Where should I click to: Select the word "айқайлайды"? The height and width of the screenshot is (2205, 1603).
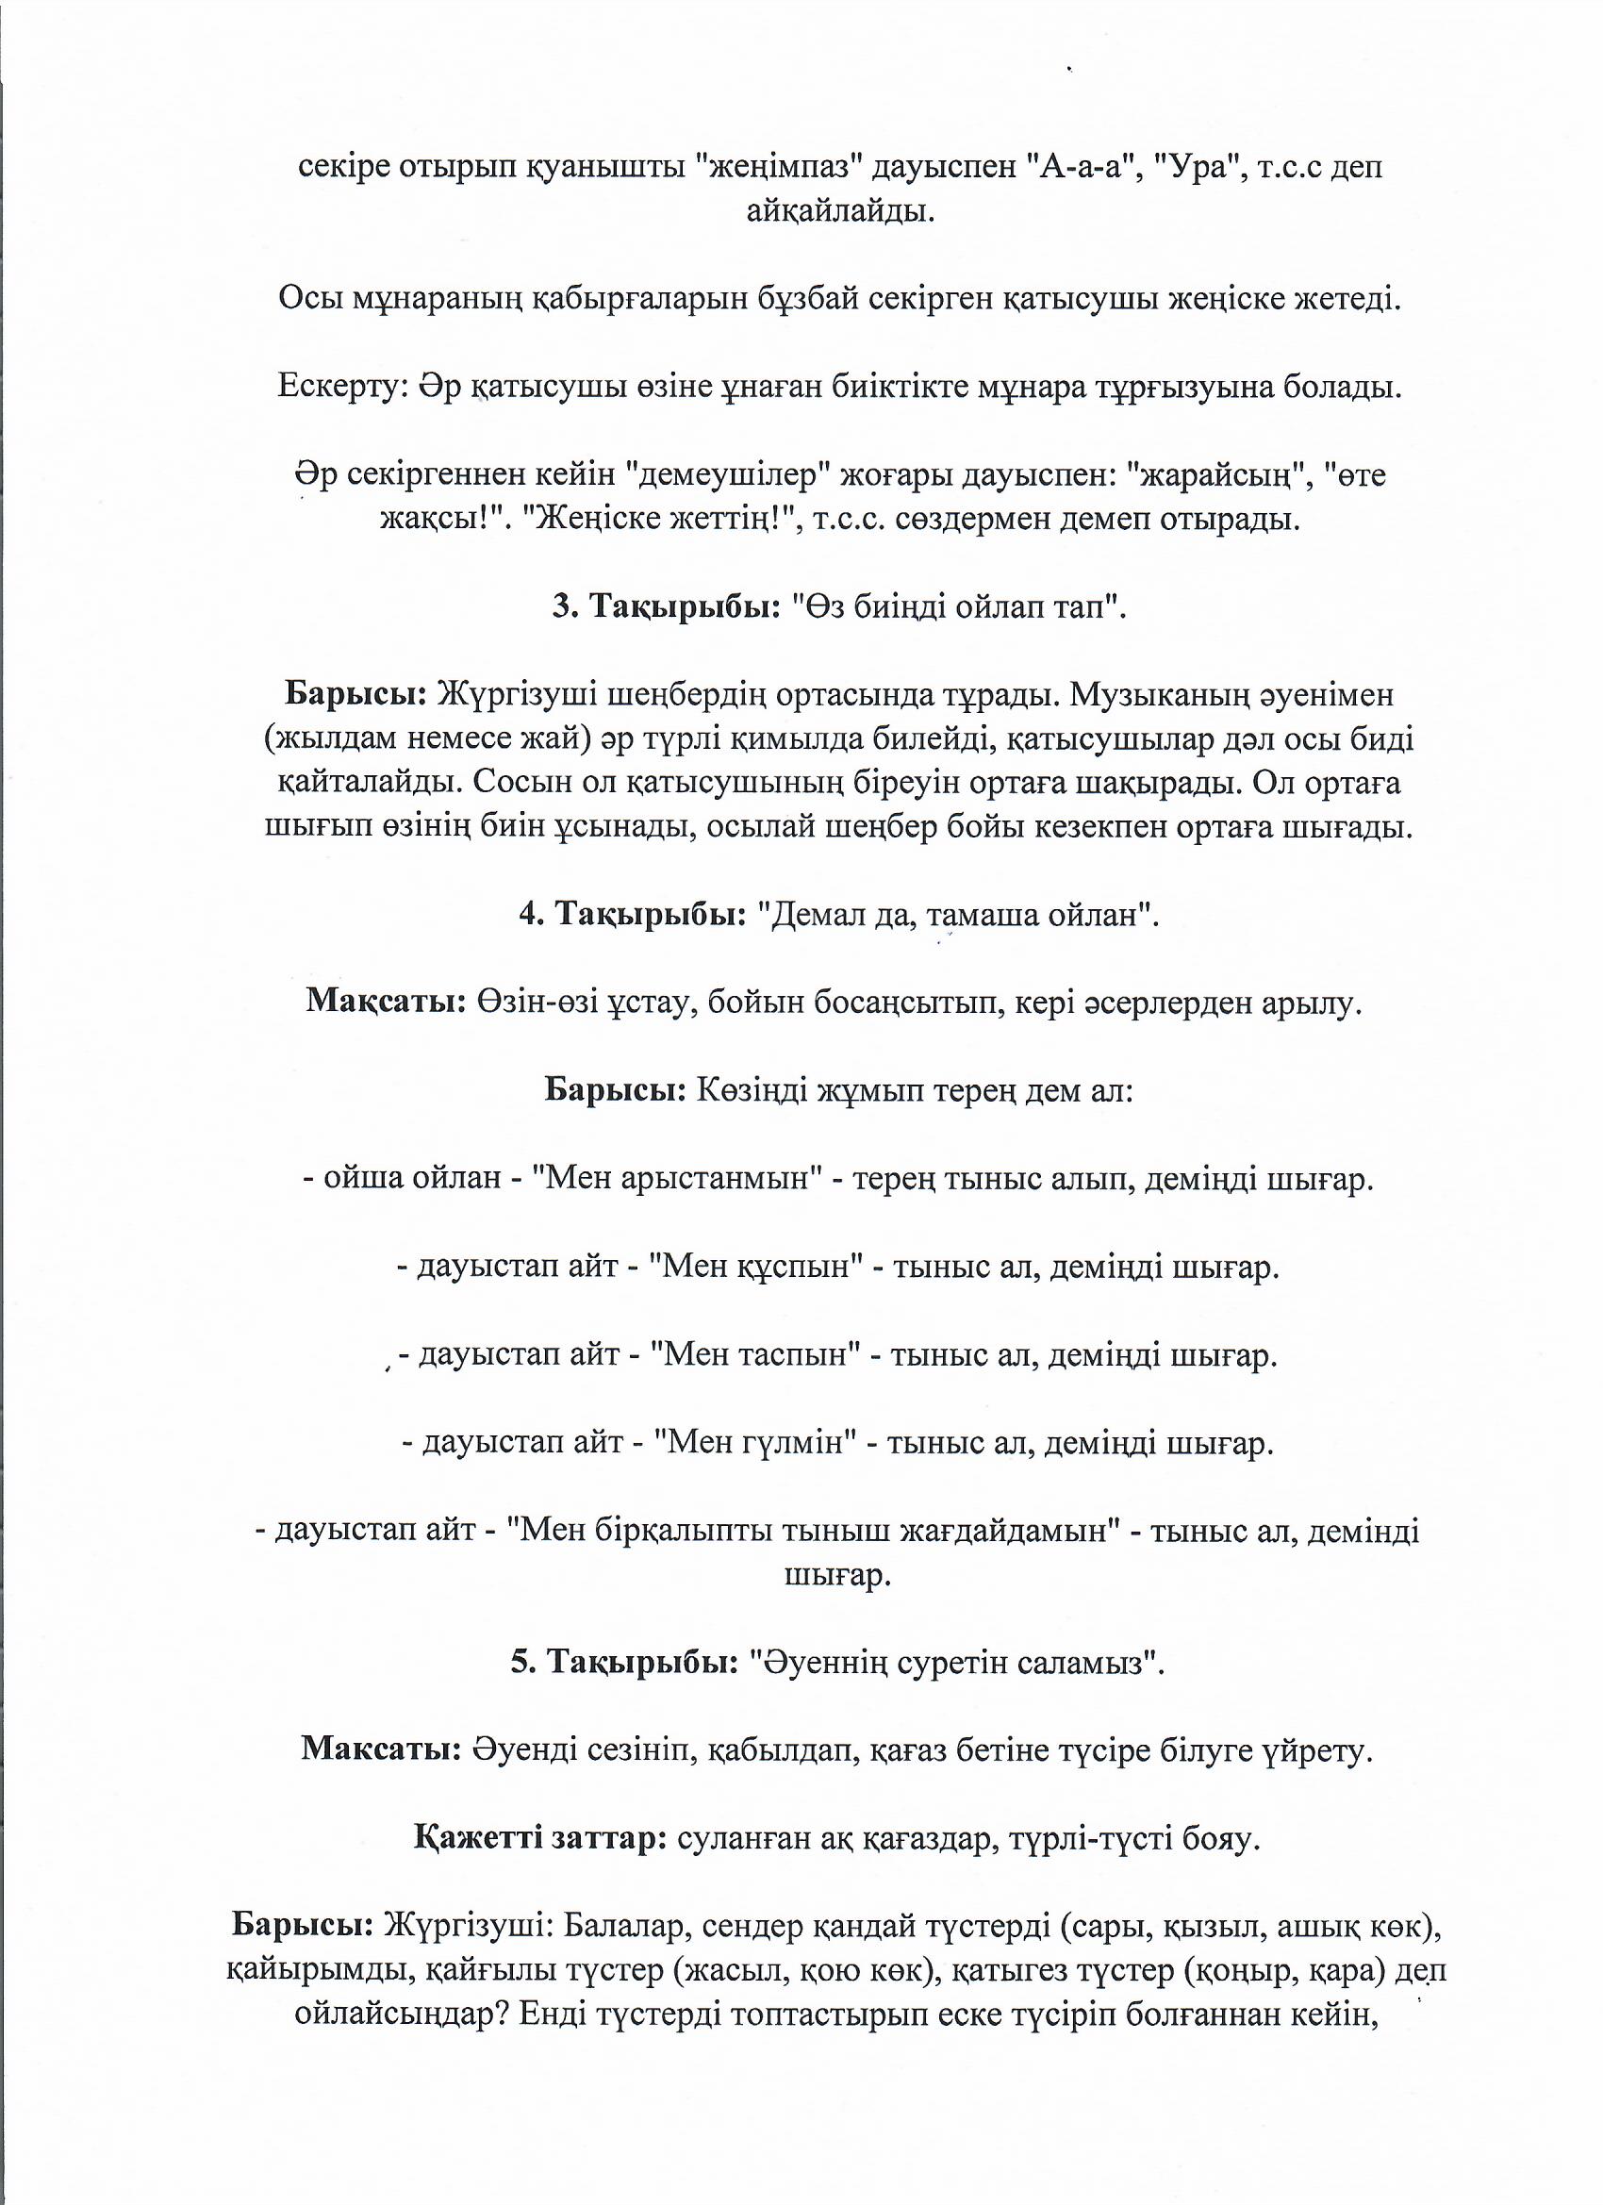[x=840, y=212]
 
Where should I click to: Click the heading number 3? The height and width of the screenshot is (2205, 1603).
[x=563, y=607]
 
